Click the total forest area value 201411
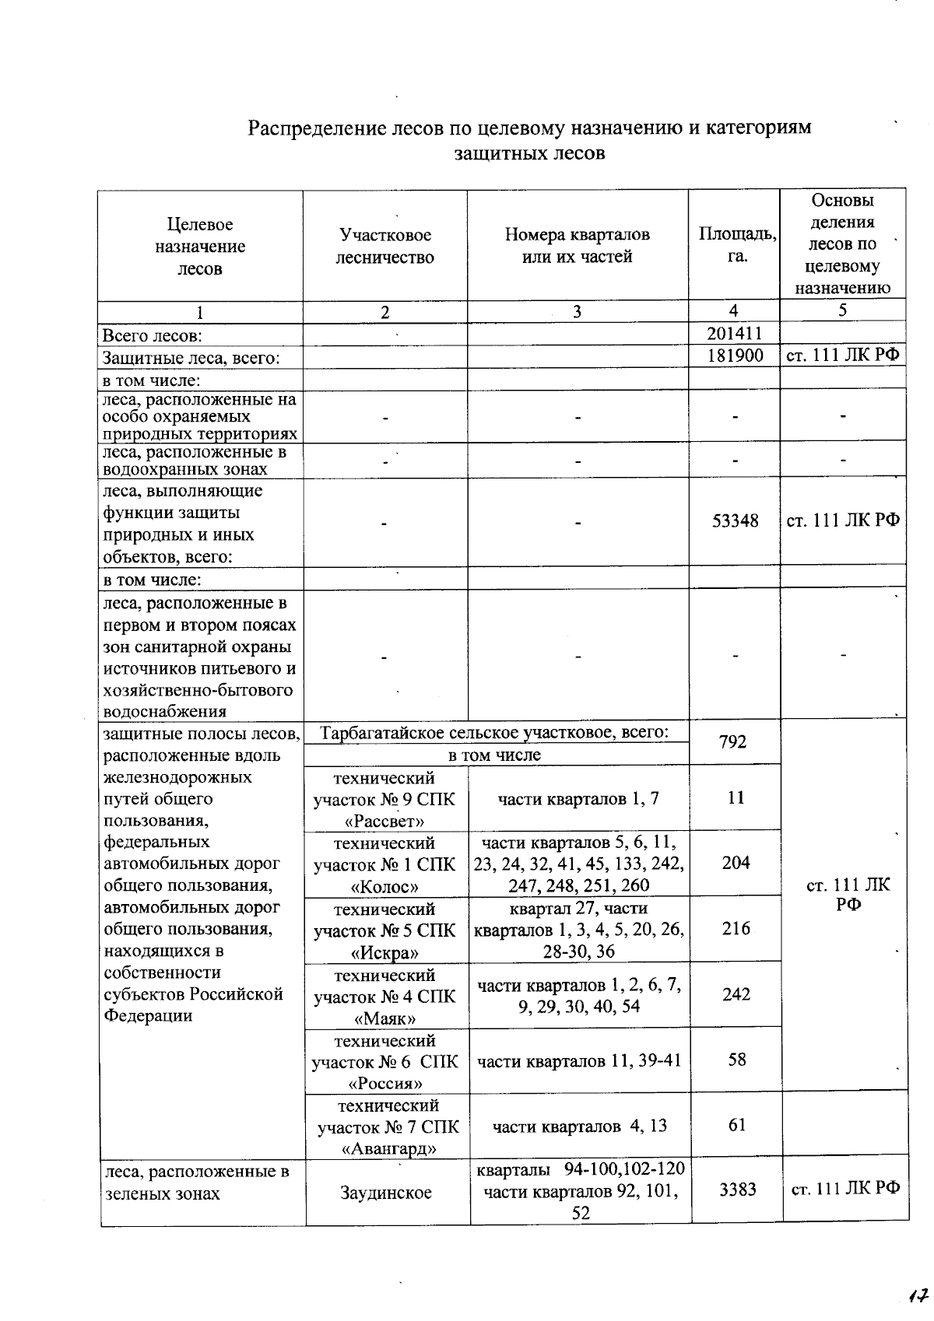tap(734, 334)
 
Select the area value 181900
tap(734, 356)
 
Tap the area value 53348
tap(735, 520)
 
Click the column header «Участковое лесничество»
tap(385, 246)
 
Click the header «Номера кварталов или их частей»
tap(577, 246)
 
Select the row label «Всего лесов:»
tap(153, 336)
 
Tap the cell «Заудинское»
tap(386, 1193)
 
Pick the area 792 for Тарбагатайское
tap(733, 741)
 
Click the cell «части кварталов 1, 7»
tap(578, 798)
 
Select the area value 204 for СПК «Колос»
tap(736, 863)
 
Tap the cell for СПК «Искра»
tap(384, 930)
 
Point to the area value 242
tap(736, 994)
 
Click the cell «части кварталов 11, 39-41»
tap(579, 1060)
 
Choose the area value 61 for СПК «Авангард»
tap(736, 1124)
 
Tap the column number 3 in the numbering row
tap(577, 312)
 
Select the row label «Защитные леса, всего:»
tap(191, 358)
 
